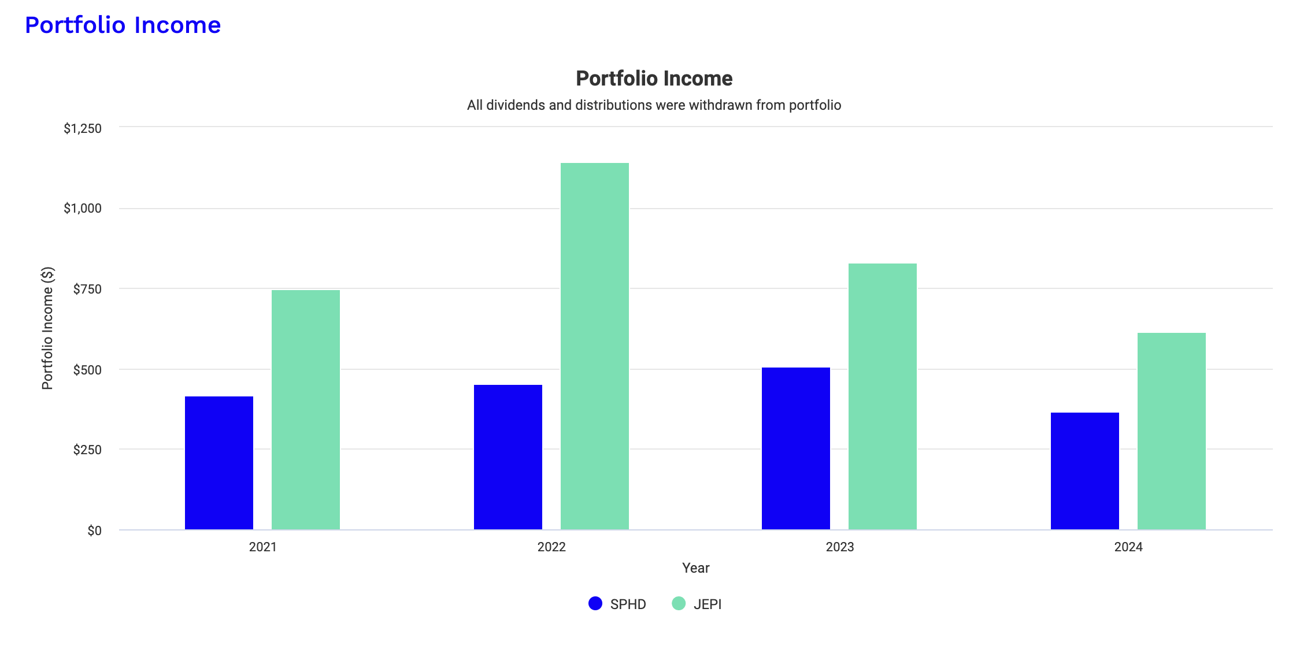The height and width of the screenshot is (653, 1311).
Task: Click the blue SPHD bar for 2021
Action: point(219,462)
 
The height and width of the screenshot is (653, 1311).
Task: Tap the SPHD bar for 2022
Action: point(508,457)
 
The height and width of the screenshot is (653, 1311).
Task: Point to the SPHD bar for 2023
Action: point(796,448)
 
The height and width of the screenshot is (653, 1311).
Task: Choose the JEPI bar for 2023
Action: point(883,396)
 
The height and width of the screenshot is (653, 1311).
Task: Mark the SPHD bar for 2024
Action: point(1085,470)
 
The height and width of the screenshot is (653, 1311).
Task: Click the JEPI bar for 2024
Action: point(1172,431)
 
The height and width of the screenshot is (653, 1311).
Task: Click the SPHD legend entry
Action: point(617,604)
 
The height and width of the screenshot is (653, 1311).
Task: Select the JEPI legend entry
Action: point(697,604)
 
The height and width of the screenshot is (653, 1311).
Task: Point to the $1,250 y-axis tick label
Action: point(83,128)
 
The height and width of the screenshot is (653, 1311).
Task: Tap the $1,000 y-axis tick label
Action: point(83,209)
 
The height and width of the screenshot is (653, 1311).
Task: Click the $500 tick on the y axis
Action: point(87,370)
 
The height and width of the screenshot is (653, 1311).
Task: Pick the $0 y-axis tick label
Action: point(94,530)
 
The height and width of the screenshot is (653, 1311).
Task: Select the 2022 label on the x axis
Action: point(551,547)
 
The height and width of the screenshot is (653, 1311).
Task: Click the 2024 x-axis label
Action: point(1128,547)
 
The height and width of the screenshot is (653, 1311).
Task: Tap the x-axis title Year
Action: point(695,568)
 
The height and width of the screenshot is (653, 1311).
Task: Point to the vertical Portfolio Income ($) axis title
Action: point(47,328)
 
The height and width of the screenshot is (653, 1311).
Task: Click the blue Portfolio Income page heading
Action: point(123,25)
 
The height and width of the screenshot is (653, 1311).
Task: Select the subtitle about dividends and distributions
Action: point(654,105)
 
